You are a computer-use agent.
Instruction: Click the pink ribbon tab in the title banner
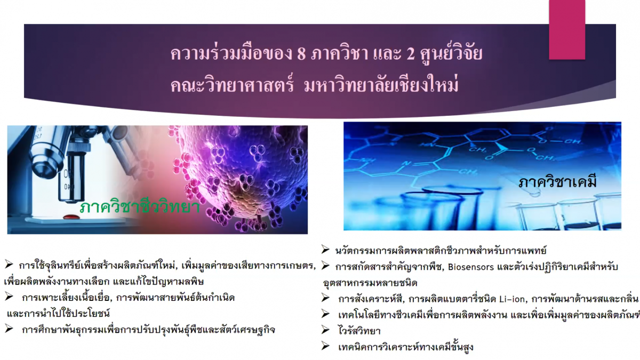pyautogui.click(x=567, y=30)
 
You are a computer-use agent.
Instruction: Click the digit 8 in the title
pyautogui.click(x=301, y=53)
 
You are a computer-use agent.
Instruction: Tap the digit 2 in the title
pyautogui.click(x=410, y=53)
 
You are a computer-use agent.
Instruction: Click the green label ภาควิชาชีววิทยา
pyautogui.click(x=140, y=206)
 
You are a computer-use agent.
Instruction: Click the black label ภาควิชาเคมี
pyautogui.click(x=557, y=181)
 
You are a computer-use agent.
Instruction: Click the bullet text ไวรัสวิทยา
pyautogui.click(x=359, y=331)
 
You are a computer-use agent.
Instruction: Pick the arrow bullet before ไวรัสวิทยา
pyautogui.click(x=325, y=330)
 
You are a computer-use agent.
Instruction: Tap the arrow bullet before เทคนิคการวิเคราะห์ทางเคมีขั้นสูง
pyautogui.click(x=325, y=346)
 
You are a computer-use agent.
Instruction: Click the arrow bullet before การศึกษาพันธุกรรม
pyautogui.click(x=9, y=329)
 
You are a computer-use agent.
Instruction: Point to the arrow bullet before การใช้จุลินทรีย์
pyautogui.click(x=9, y=265)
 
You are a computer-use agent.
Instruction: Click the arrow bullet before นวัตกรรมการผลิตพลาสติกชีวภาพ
pyautogui.click(x=325, y=250)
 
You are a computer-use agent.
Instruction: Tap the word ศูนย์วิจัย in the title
pyautogui.click(x=451, y=53)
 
